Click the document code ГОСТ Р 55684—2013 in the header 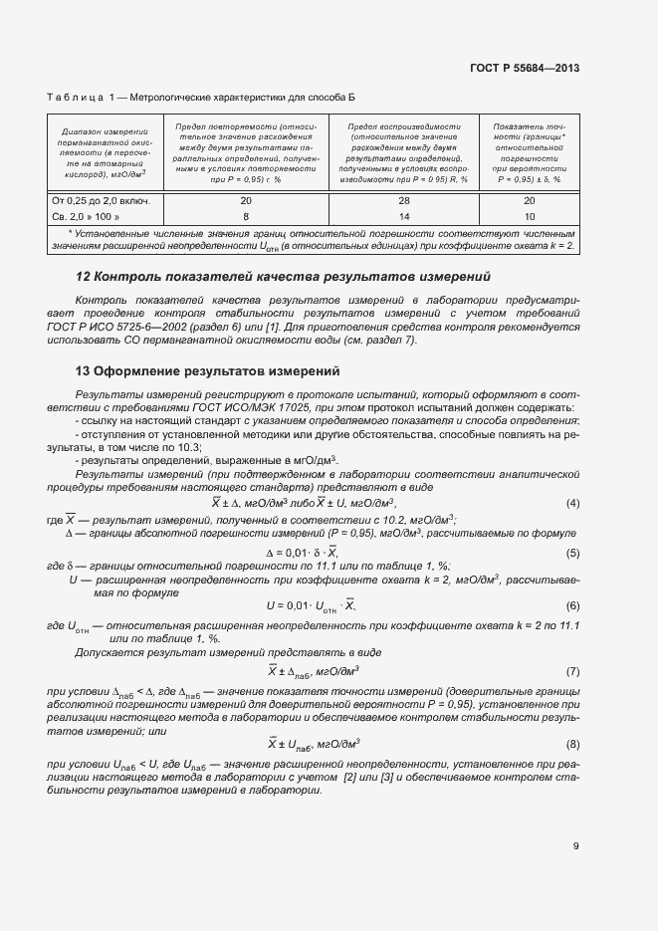(x=524, y=69)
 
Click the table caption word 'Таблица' (x=76, y=97)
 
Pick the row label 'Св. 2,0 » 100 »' (x=86, y=216)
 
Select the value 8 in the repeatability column (x=246, y=216)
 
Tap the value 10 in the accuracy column (x=529, y=216)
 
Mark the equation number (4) (x=572, y=503)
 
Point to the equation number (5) (x=572, y=553)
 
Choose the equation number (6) (x=572, y=605)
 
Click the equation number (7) (x=572, y=671)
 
